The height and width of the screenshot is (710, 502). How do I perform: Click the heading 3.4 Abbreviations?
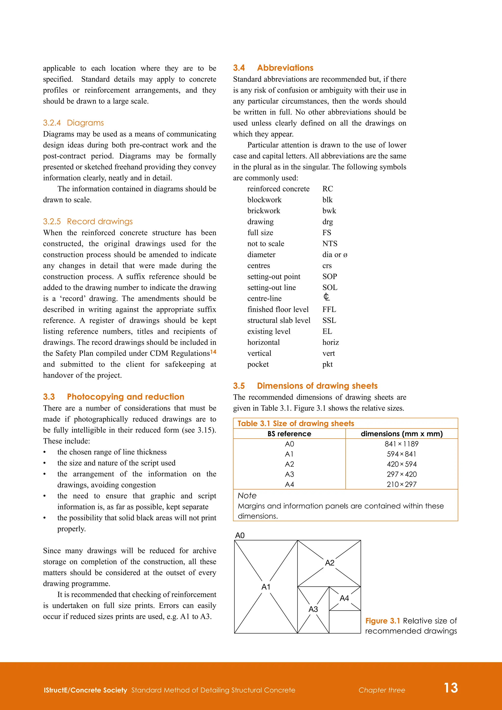273,68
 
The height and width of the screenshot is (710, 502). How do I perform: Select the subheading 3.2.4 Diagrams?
73,123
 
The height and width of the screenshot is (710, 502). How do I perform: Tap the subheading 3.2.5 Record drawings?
88,221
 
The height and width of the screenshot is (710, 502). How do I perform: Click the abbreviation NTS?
330,244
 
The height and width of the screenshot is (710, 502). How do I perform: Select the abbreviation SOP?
329,277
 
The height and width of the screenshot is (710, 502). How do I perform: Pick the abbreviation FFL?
329,310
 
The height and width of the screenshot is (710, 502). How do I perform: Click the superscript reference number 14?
213,352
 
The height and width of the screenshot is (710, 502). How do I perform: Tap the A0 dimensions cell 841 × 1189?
402,444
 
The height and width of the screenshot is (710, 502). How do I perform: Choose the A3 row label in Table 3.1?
289,474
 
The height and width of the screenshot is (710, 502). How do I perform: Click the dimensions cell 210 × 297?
402,484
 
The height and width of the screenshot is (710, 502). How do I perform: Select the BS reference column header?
289,434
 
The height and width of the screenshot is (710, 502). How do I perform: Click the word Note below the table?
247,496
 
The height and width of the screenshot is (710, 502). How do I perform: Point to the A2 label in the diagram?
329,563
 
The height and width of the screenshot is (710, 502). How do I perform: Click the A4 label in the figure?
344,598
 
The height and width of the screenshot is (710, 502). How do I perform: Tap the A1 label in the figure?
266,587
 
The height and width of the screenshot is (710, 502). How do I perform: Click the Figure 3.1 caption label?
383,621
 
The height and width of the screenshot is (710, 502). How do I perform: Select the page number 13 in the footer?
451,688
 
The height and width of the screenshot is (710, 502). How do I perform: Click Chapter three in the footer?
382,690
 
